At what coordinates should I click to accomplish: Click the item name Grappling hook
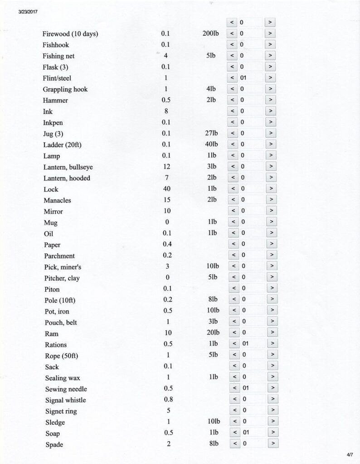click(x=65, y=89)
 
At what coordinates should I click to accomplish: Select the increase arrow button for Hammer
click(x=270, y=100)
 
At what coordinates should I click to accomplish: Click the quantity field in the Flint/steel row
click(x=251, y=78)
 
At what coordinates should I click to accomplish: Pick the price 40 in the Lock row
click(x=167, y=189)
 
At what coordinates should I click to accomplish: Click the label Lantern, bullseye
click(x=68, y=167)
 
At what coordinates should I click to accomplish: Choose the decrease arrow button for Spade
click(x=235, y=444)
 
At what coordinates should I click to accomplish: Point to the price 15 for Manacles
click(x=167, y=200)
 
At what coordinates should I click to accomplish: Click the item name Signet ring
click(x=61, y=411)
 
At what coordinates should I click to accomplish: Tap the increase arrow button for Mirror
click(x=271, y=211)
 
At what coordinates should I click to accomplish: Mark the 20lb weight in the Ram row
click(x=211, y=333)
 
